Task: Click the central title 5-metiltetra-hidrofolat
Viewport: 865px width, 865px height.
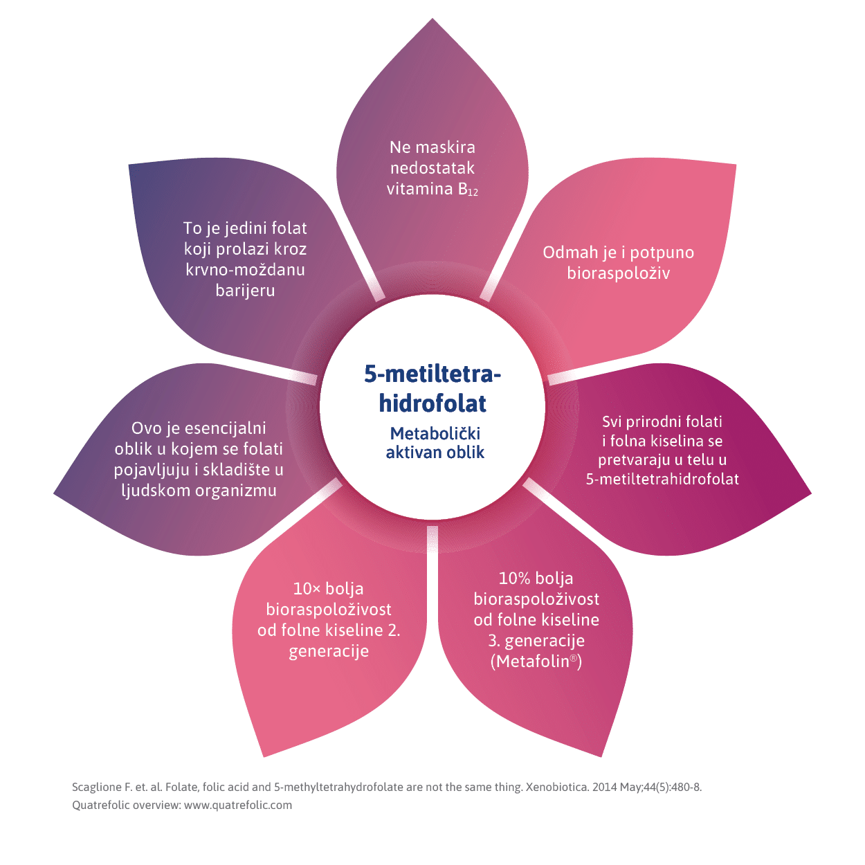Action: point(432,388)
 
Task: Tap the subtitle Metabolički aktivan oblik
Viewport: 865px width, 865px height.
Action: point(435,443)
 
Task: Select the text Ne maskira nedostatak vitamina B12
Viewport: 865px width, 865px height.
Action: point(432,168)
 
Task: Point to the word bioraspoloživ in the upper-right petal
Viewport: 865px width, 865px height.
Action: point(618,273)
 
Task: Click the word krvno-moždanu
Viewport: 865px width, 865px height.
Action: point(245,270)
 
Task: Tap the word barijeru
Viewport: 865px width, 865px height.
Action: point(245,291)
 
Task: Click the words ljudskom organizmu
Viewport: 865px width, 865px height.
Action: point(199,491)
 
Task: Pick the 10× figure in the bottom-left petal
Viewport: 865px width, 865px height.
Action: point(307,589)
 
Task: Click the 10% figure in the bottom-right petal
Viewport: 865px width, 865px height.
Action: point(514,579)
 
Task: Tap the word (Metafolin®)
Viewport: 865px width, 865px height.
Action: point(536,662)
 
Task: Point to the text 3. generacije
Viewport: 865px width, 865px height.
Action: point(536,641)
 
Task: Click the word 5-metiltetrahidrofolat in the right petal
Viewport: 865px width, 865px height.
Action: point(662,479)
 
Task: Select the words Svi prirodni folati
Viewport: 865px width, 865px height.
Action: point(662,421)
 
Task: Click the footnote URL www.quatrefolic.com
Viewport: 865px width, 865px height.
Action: point(238,805)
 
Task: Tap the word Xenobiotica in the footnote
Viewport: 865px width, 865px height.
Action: point(556,787)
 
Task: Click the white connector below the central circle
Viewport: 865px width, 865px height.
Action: point(432,540)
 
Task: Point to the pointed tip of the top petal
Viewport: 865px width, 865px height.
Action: point(432,21)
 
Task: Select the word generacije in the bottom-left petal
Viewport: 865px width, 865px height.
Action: point(329,651)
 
